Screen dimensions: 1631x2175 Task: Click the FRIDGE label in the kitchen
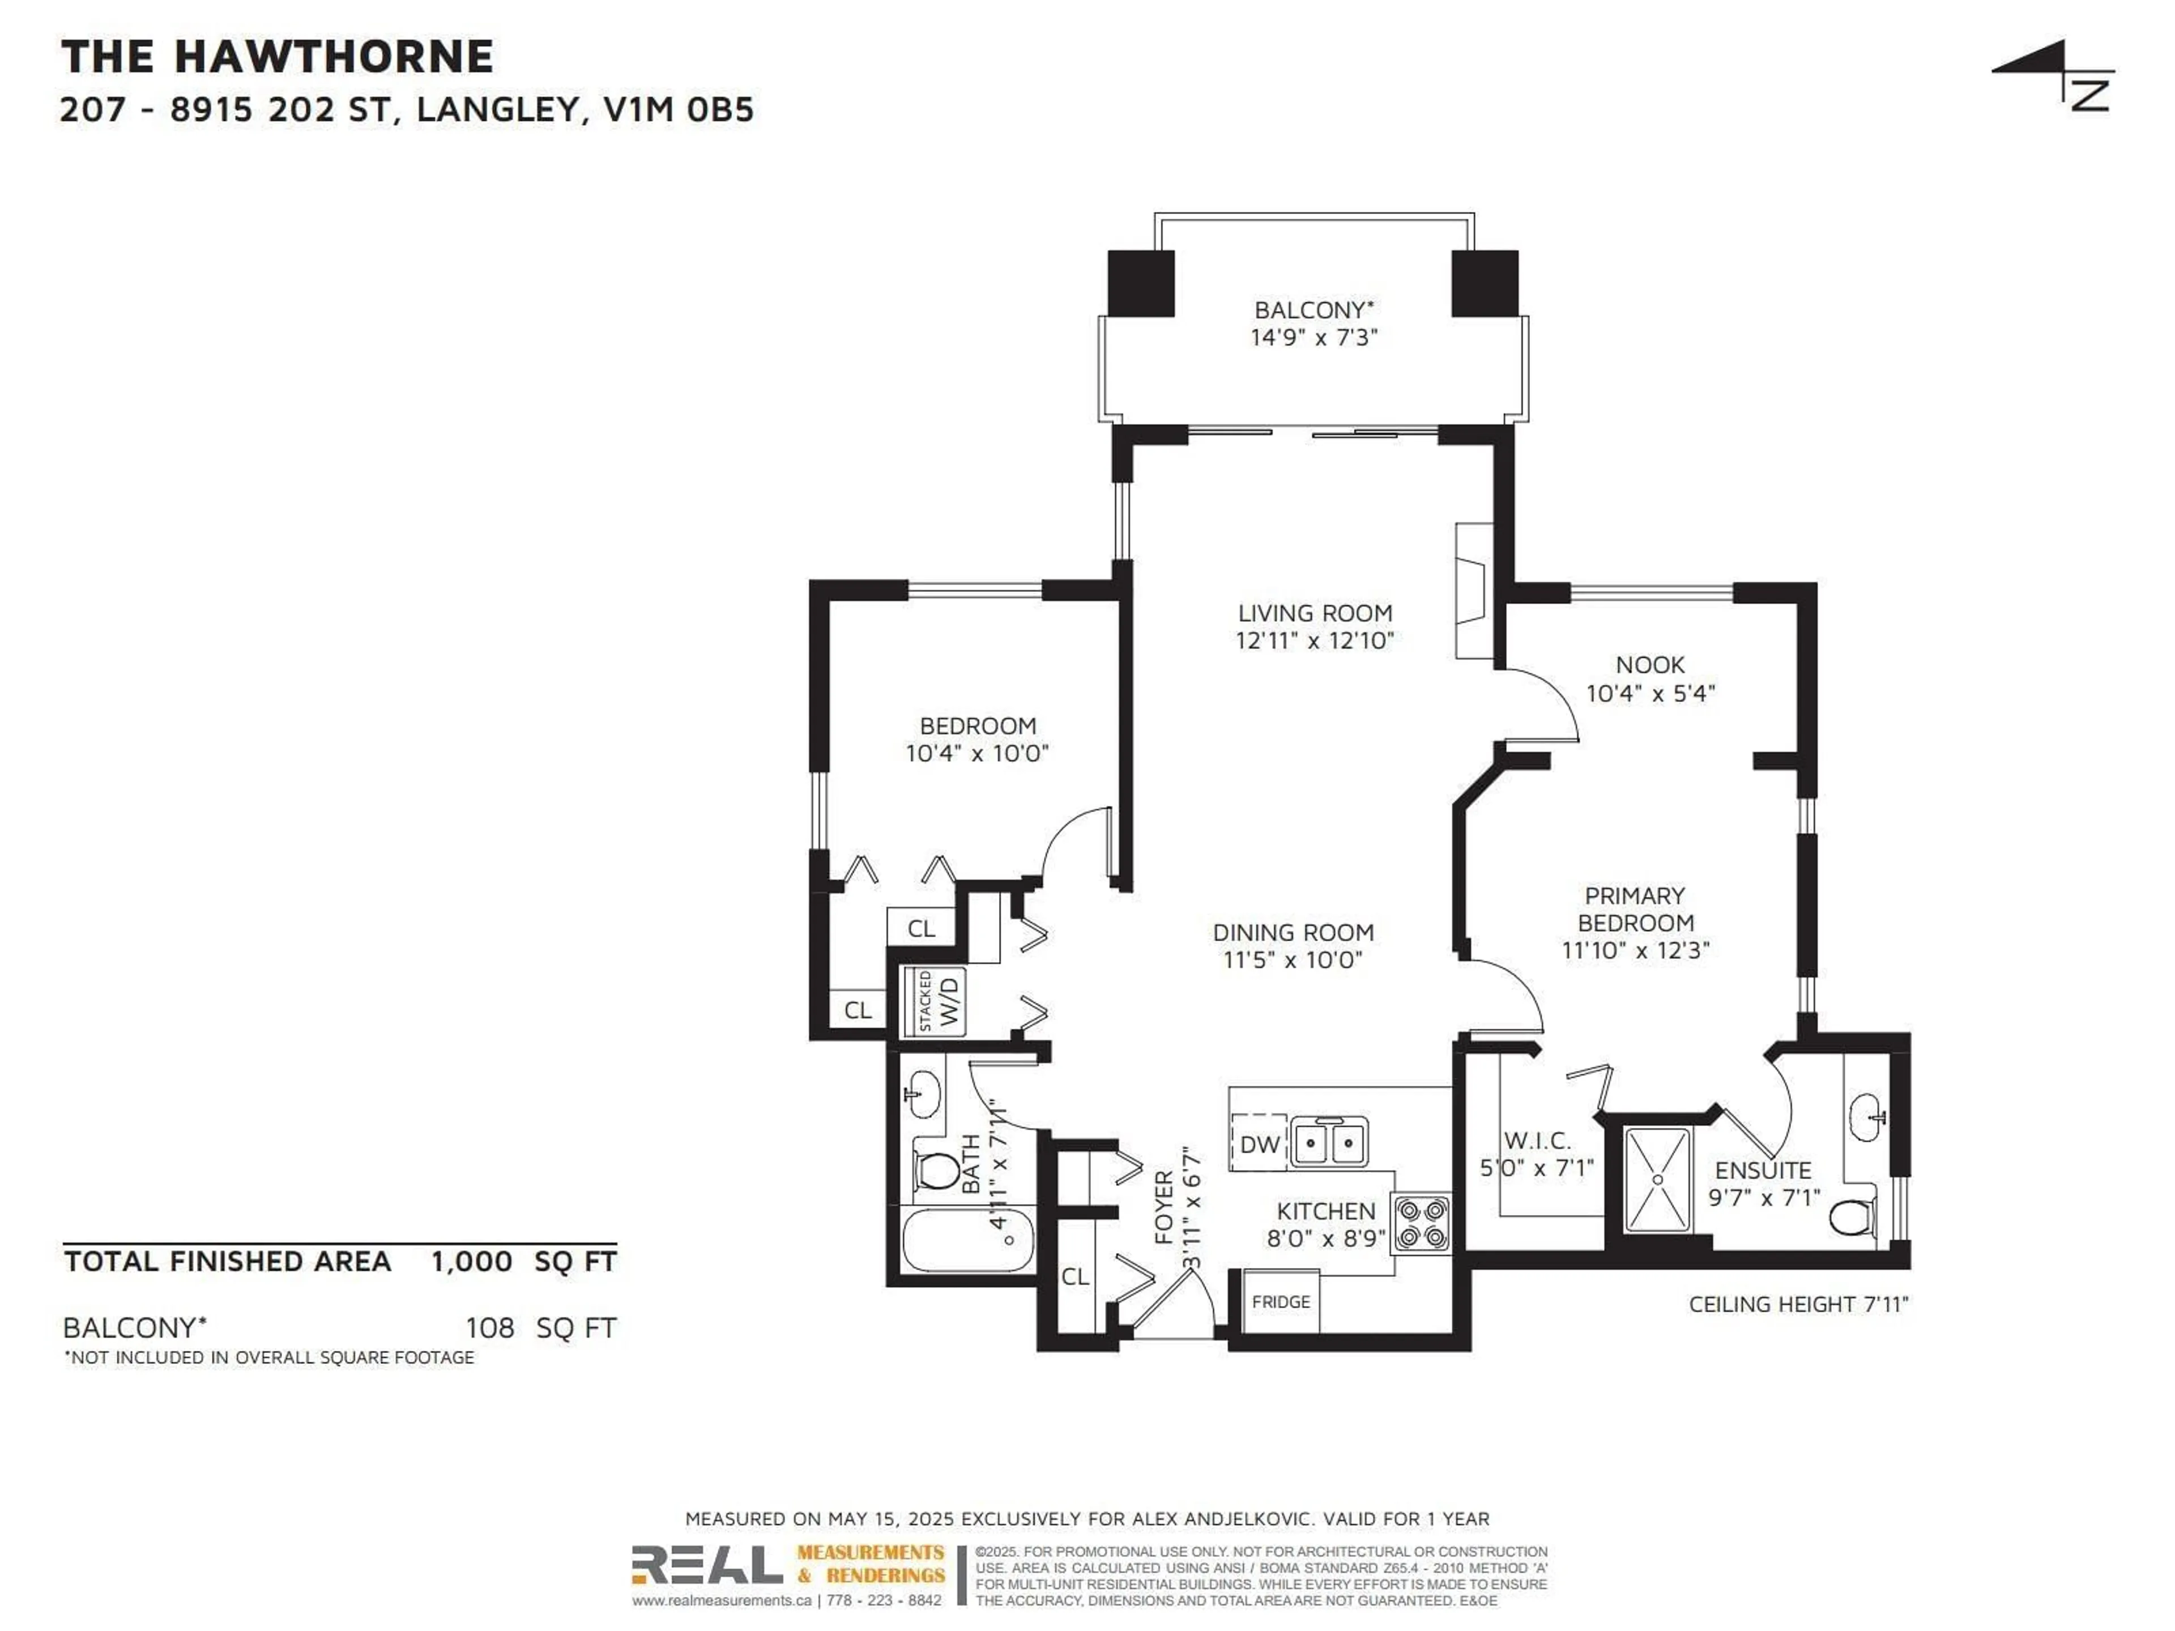pos(1280,1301)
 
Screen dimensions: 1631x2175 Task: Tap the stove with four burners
pos(1421,1223)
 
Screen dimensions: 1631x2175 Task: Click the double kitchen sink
pos(1328,1142)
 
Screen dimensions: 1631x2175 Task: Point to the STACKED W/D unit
pos(934,1001)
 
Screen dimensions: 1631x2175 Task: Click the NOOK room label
pos(1650,665)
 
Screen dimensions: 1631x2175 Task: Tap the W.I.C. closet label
pos(1537,1141)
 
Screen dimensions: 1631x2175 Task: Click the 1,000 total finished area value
pos(471,1261)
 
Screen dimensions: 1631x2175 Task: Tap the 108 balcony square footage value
pos(490,1328)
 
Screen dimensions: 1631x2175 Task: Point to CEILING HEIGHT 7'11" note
pos(1797,1305)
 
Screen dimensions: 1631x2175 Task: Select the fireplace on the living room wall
pos(1473,590)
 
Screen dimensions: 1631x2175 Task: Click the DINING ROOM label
pos(1293,932)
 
